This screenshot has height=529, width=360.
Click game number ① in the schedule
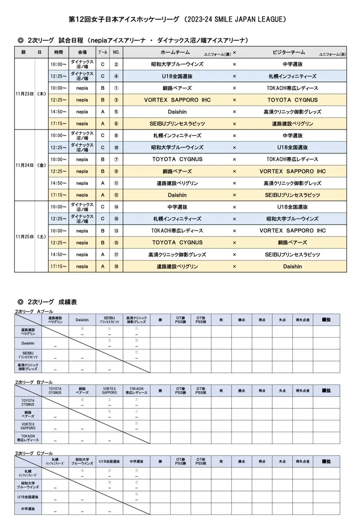point(116,88)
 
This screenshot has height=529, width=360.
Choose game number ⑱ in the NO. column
point(116,266)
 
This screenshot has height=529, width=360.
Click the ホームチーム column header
point(176,52)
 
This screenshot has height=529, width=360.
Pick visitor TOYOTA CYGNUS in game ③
point(292,100)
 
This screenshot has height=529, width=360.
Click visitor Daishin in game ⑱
point(292,266)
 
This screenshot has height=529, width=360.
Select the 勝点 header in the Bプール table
point(241,391)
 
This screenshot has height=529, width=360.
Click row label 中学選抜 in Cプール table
point(28,508)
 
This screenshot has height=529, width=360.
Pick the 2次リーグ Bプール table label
point(34,383)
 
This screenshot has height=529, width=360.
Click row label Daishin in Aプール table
point(28,343)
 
